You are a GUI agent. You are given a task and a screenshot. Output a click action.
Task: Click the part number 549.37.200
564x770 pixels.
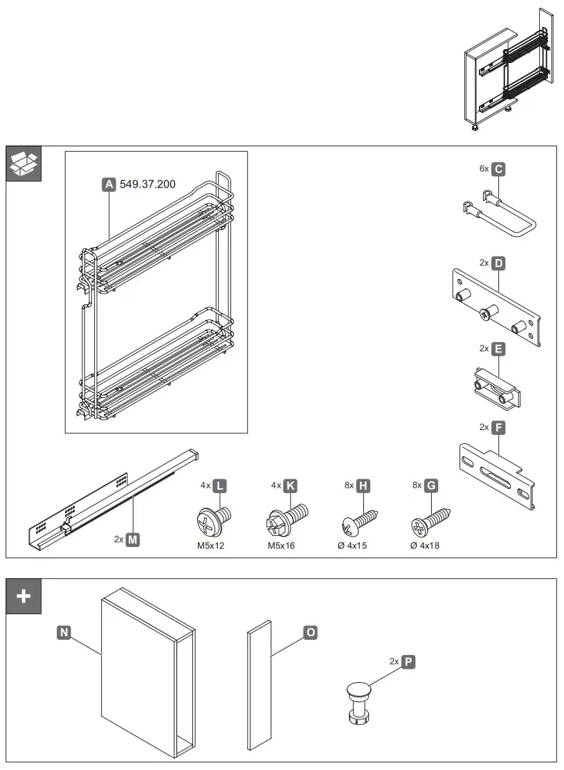[x=147, y=184]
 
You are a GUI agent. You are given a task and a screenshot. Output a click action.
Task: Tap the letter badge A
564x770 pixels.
[x=109, y=184]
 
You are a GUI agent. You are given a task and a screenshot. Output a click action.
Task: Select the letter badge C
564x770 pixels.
[x=499, y=168]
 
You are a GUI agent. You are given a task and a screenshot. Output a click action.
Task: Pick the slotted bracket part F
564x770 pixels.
[x=497, y=474]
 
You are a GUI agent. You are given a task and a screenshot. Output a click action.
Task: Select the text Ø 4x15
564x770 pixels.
[x=354, y=546]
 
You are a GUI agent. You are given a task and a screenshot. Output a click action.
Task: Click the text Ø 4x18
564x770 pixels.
[x=424, y=546]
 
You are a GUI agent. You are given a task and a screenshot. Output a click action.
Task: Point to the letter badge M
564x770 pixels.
[x=132, y=538]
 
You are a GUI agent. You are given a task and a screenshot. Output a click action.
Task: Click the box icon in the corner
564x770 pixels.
[x=24, y=163]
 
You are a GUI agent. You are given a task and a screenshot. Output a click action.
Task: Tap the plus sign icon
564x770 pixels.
[x=24, y=596]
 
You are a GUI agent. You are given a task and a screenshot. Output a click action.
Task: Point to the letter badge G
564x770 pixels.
[x=431, y=486]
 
